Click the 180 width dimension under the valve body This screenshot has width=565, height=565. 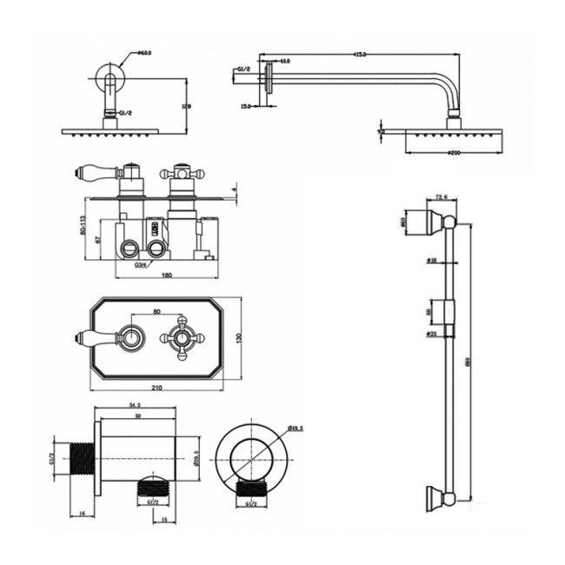click(x=166, y=276)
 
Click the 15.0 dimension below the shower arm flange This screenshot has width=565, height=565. click(x=246, y=106)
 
